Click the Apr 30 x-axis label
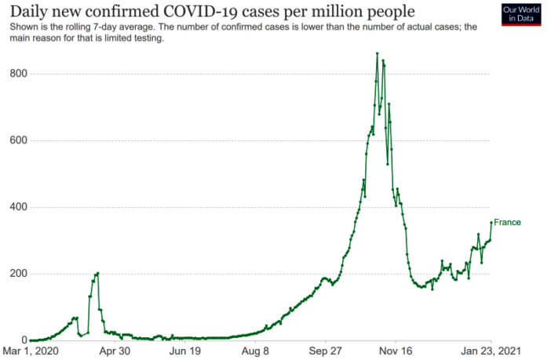pyautogui.click(x=115, y=352)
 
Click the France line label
pyautogui.click(x=507, y=223)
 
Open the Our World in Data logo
pyautogui.click(x=520, y=14)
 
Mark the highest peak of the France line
pyautogui.click(x=378, y=53)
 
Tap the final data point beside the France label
pyautogui.click(x=491, y=222)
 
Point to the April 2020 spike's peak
pyautogui.click(x=97, y=273)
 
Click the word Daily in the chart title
pyautogui.click(x=30, y=12)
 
